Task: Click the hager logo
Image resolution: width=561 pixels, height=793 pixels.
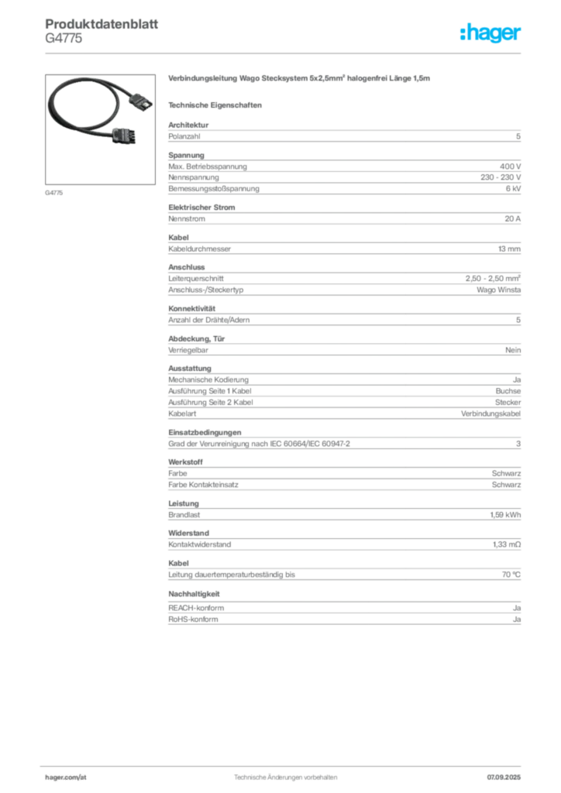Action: [x=490, y=33]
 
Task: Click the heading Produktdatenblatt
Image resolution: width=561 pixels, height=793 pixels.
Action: [x=102, y=24]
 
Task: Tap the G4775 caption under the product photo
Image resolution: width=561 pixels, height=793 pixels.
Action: [x=54, y=193]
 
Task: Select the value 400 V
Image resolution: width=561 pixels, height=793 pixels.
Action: [x=511, y=166]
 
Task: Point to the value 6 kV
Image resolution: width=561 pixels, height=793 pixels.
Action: [x=513, y=189]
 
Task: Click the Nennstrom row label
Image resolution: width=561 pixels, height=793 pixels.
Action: [x=187, y=219]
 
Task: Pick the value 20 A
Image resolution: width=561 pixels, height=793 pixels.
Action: [x=512, y=219]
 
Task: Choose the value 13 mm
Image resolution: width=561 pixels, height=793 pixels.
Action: [x=509, y=249]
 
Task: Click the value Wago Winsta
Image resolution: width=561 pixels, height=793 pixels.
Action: [x=498, y=290]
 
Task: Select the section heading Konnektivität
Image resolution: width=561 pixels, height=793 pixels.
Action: [x=191, y=308]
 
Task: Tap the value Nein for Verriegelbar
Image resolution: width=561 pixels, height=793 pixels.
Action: [x=513, y=350]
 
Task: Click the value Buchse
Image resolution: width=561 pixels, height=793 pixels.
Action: [x=508, y=391]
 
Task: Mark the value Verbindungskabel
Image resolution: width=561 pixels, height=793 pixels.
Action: [x=490, y=414]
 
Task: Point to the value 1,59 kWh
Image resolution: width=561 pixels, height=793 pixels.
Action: [x=505, y=515]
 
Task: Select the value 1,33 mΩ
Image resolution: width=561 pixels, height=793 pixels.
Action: [x=506, y=544]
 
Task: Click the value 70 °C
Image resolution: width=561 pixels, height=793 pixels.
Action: [x=511, y=575]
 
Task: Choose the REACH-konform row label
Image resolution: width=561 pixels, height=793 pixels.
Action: [x=196, y=608]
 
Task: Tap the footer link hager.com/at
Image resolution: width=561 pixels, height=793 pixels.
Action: [x=66, y=778]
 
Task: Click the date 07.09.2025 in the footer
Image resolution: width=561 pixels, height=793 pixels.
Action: [x=504, y=778]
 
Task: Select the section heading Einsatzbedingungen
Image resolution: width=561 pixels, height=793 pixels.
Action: [x=205, y=432]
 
